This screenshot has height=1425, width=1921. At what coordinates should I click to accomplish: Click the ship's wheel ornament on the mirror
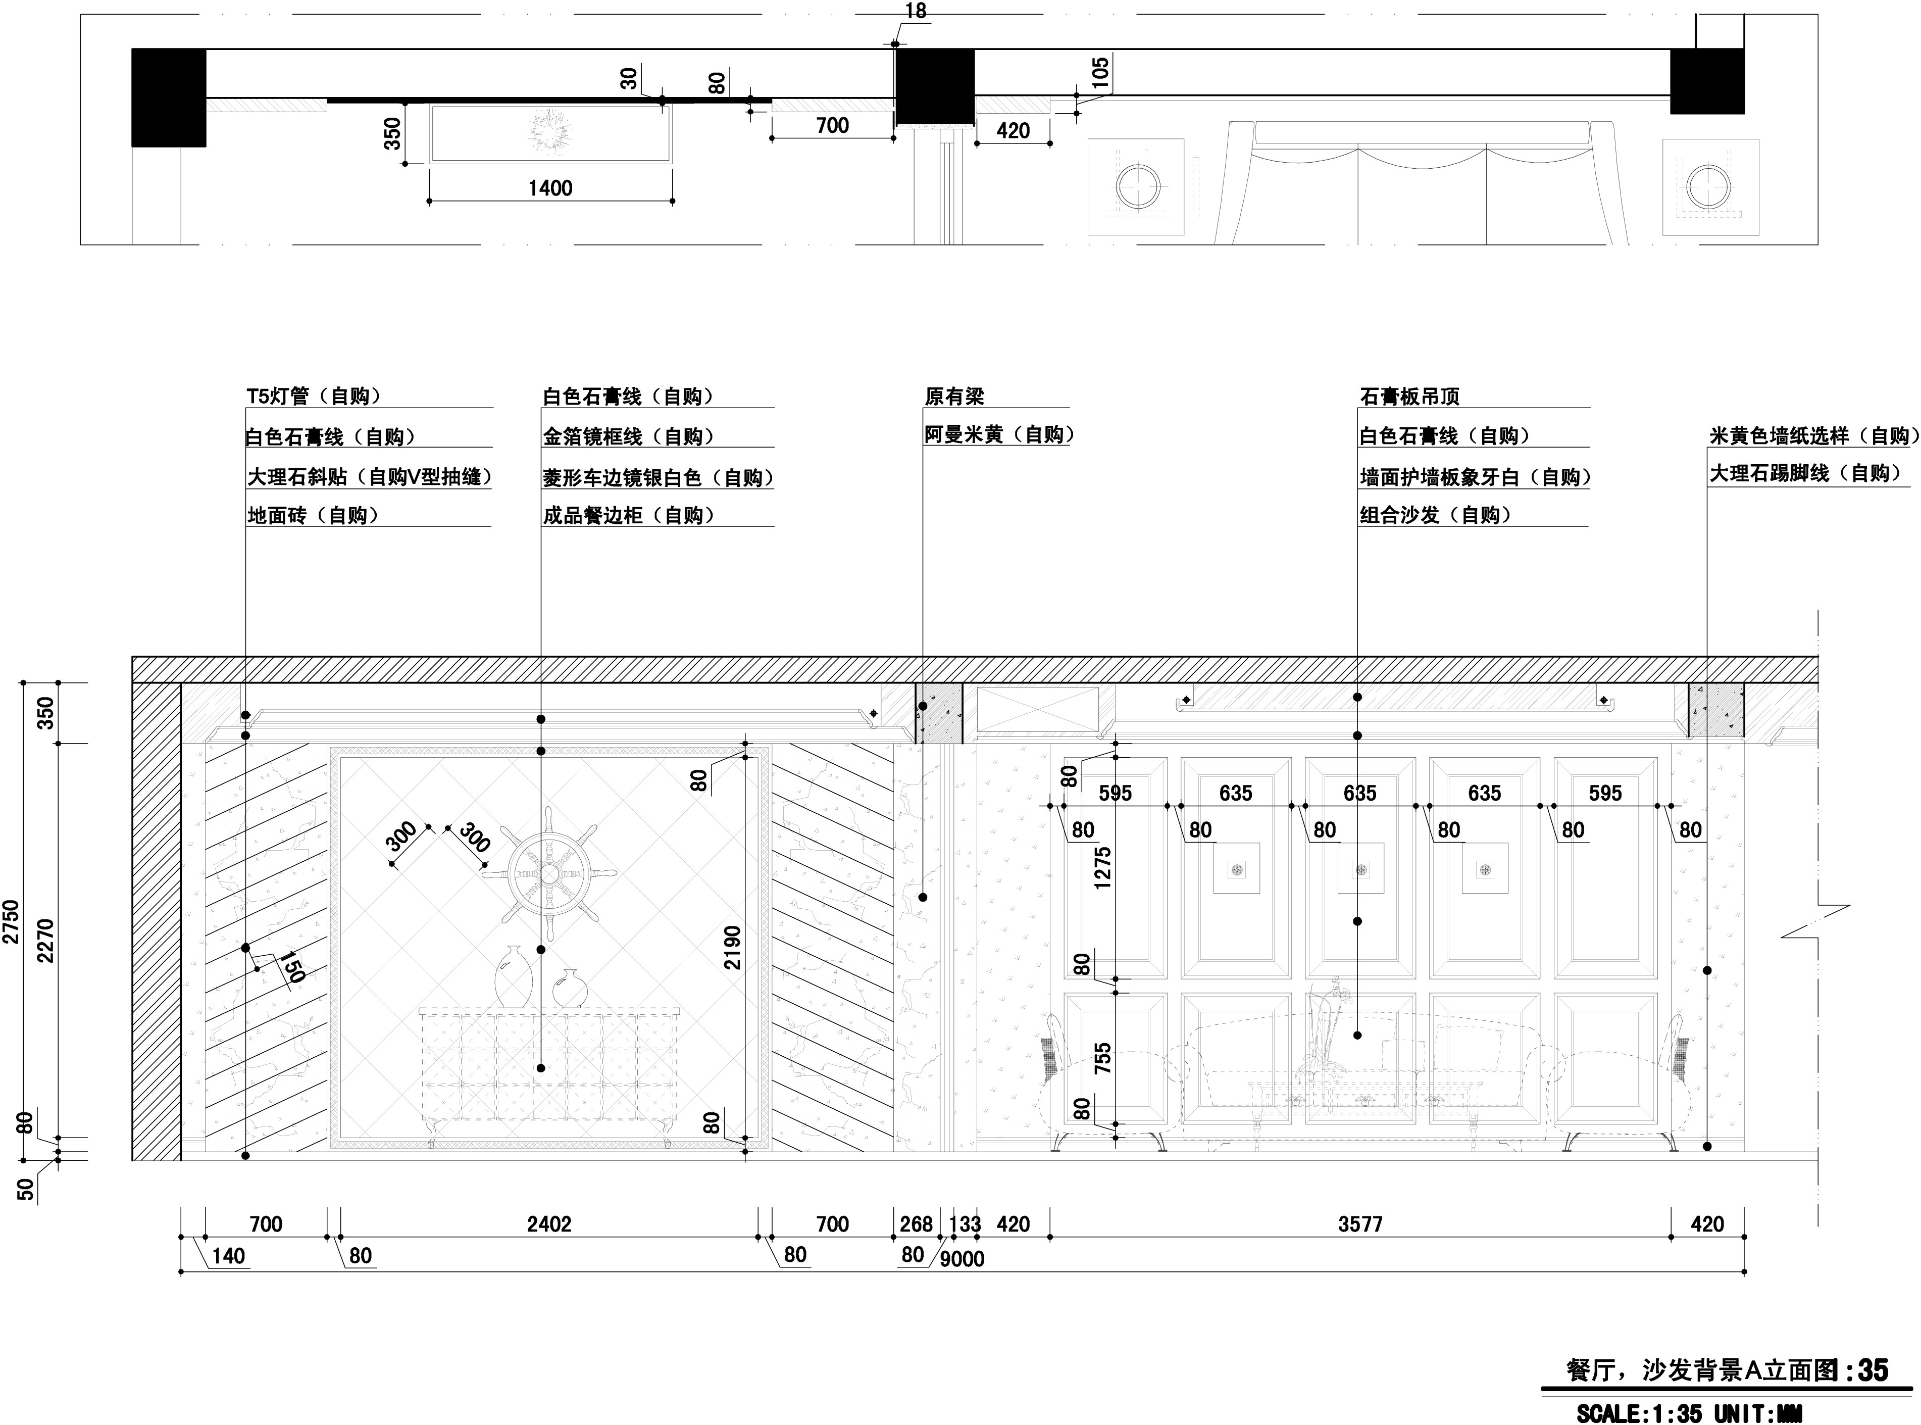click(x=549, y=874)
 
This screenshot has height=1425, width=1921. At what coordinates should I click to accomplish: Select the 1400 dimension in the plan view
click(x=550, y=187)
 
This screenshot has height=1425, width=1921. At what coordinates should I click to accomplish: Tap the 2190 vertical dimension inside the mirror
click(x=732, y=947)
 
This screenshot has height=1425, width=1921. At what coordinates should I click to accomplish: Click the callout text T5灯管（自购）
click(x=314, y=396)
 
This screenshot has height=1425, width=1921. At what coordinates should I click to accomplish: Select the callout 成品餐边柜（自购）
click(x=629, y=515)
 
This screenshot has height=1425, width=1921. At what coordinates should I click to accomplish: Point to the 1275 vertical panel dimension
click(x=1102, y=868)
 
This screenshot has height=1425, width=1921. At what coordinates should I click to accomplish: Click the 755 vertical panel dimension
click(x=1102, y=1059)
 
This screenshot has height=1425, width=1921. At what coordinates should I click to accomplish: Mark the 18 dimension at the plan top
click(x=916, y=10)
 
